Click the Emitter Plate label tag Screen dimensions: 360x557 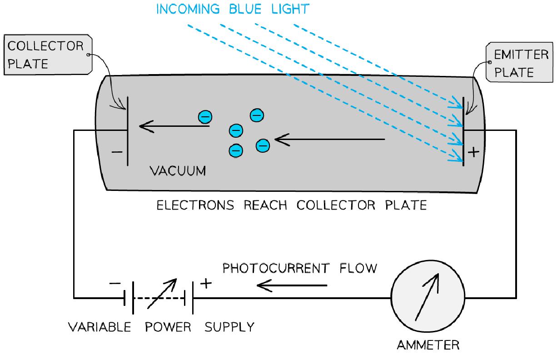515,63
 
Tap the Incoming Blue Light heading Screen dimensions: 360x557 233,10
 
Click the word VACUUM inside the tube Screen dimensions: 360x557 178,171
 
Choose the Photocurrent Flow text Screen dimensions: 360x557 299,268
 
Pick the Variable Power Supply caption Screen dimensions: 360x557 161,327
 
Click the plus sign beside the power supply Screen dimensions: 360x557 206,283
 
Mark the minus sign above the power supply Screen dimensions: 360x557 115,283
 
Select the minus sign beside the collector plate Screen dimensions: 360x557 116,152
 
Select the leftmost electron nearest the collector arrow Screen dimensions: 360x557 205,117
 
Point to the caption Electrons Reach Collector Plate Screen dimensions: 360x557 292,205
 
